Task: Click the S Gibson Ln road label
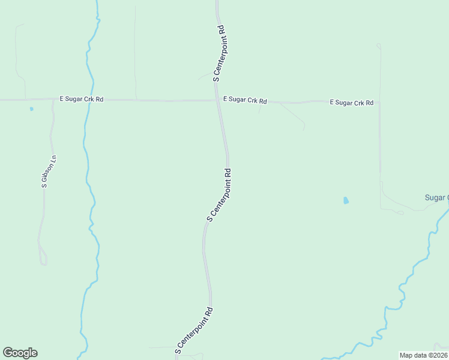(49, 172)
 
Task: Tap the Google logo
(20, 353)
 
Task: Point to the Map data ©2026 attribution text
(424, 355)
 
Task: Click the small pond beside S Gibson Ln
(31, 109)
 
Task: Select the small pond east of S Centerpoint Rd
(346, 200)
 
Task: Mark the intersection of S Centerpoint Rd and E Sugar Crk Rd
(217, 100)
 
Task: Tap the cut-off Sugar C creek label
(436, 197)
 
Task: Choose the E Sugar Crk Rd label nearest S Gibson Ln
(82, 99)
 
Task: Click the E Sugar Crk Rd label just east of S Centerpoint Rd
(245, 100)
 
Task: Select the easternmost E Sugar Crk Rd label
(352, 103)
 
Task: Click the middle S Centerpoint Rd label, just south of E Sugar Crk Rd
(219, 195)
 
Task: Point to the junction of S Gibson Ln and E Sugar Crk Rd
(53, 100)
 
